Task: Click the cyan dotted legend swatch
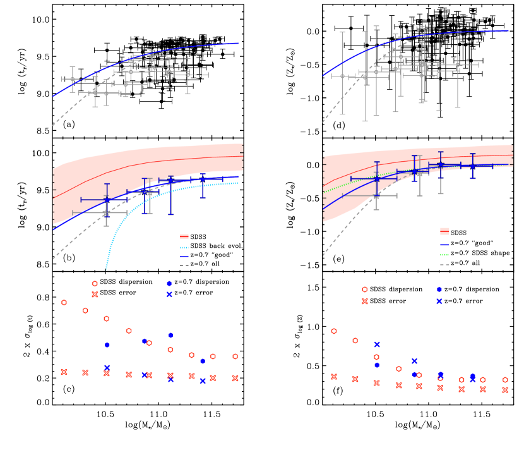click(x=184, y=247)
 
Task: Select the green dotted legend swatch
click(x=444, y=255)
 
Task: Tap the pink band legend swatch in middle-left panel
click(x=184, y=237)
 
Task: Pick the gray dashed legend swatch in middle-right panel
click(x=444, y=264)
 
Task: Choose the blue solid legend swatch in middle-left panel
click(x=184, y=257)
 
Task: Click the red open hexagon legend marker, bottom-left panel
click(x=95, y=284)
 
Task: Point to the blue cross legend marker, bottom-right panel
click(x=439, y=301)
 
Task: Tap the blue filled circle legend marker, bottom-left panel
click(x=169, y=284)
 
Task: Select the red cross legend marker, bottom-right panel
click(x=365, y=301)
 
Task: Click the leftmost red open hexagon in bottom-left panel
click(x=64, y=302)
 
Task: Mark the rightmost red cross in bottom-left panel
click(x=235, y=378)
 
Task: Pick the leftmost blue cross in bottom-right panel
click(x=377, y=344)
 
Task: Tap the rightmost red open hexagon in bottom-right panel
click(x=505, y=380)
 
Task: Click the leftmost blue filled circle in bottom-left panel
click(x=107, y=345)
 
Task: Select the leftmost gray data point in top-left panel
click(x=72, y=79)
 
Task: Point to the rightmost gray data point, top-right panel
click(x=458, y=64)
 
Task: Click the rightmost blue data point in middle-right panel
click(x=473, y=166)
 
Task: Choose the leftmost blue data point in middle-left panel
click(x=107, y=200)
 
